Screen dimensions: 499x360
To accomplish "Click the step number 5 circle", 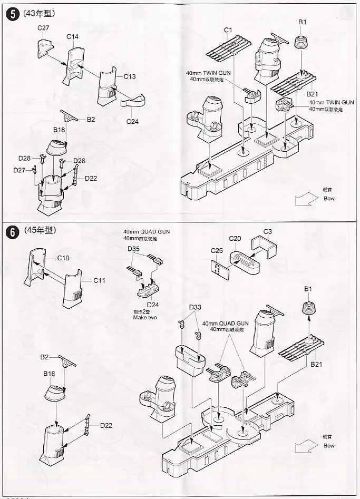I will click(11, 13).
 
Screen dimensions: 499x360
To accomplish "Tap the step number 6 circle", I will click(11, 231).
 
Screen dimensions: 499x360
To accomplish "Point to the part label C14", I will click(73, 36).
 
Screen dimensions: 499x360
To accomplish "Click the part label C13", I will click(130, 77).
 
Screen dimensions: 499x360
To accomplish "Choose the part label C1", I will click(228, 30).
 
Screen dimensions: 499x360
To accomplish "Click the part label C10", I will click(63, 258).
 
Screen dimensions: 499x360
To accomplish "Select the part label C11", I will click(99, 280).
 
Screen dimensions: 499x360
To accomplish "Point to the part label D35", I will click(133, 248).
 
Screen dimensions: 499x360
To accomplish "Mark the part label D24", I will click(153, 305).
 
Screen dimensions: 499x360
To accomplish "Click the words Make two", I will click(145, 318).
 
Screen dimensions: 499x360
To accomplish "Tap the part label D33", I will click(195, 307).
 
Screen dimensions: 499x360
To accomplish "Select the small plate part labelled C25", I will click(216, 268).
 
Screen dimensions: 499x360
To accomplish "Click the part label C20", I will click(235, 238).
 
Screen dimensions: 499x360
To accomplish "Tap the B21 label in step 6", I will click(316, 364).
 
